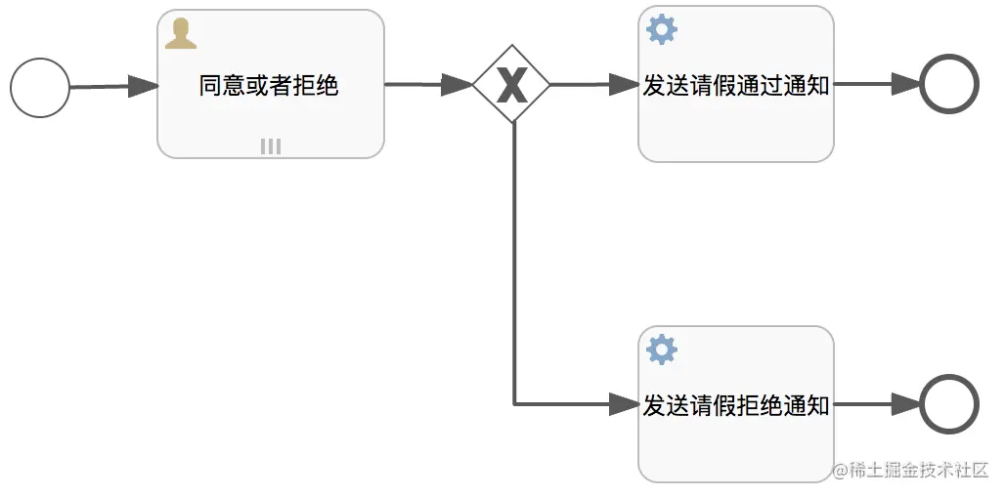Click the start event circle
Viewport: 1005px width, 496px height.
[x=40, y=88]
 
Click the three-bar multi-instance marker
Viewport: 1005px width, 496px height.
[x=271, y=146]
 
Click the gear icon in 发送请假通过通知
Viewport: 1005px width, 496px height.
[x=662, y=30]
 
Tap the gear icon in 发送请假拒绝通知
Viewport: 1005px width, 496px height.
[x=662, y=349]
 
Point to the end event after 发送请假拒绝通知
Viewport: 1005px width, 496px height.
[x=948, y=404]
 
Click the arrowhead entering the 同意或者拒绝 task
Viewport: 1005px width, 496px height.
[x=144, y=86]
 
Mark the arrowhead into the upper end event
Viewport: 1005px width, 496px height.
[x=905, y=85]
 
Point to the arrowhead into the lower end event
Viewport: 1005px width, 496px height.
[x=905, y=403]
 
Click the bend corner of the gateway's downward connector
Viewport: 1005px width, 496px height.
[x=515, y=403]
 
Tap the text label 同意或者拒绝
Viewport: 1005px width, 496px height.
[x=269, y=86]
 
